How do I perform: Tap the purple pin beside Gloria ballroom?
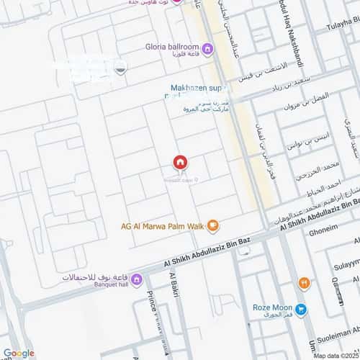[x=208, y=49]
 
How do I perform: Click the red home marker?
[x=180, y=162]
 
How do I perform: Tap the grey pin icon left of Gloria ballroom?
[x=120, y=70]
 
